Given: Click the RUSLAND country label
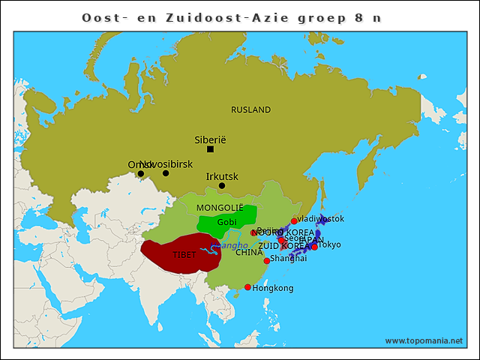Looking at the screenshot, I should click(x=250, y=110).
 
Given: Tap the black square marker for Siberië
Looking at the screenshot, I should click(x=210, y=149).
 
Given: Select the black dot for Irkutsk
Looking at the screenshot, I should click(x=221, y=185).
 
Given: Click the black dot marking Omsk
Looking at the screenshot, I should click(x=140, y=174).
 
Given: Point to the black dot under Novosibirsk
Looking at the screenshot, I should click(x=166, y=173).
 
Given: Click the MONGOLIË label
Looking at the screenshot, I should click(x=220, y=207).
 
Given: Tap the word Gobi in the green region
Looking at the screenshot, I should click(x=226, y=223).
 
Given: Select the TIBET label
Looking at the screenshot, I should click(x=184, y=255).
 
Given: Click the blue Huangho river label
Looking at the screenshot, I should click(x=229, y=245).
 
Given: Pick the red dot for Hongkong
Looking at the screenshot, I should click(x=247, y=286).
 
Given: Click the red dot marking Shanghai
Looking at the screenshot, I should click(x=266, y=261).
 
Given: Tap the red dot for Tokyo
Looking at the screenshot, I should click(x=315, y=247).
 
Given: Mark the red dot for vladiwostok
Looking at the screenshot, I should click(x=294, y=221).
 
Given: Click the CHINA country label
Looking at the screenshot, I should click(x=249, y=253).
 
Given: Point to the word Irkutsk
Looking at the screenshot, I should click(x=222, y=177).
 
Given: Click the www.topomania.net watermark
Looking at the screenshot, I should click(x=424, y=340).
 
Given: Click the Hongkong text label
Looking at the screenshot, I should click(x=273, y=288).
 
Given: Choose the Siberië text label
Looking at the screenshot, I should click(x=210, y=139).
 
